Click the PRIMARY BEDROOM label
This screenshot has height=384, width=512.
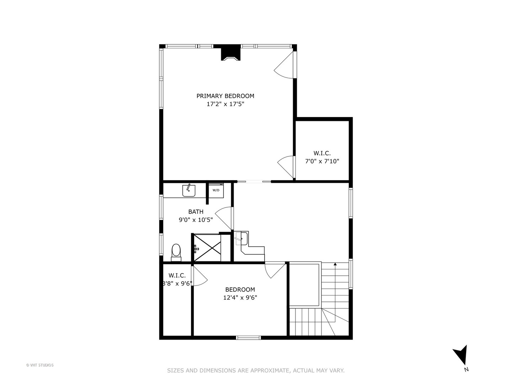(225, 96)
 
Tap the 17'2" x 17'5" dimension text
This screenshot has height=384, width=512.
(225, 104)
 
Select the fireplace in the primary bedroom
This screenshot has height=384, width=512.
(231, 53)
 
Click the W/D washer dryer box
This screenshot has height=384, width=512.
(216, 190)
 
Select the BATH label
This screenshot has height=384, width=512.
(196, 212)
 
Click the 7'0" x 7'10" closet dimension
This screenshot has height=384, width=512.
(322, 161)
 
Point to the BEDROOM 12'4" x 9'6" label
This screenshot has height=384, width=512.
(240, 294)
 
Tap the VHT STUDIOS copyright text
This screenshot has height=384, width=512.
(40, 365)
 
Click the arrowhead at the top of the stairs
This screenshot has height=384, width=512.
(335, 264)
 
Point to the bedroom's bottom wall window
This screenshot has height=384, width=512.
(249, 337)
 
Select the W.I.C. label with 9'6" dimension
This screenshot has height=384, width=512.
(177, 279)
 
